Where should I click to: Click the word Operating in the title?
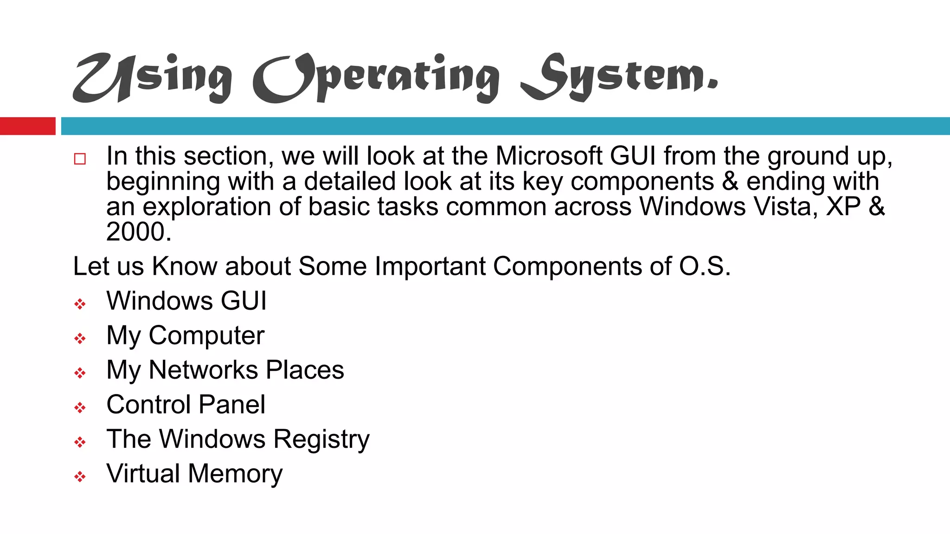coord(376,78)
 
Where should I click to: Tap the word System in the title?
coord(619,78)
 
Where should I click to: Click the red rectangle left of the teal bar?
coord(27,126)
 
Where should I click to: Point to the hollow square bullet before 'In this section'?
coord(80,159)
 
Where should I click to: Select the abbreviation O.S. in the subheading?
coord(705,267)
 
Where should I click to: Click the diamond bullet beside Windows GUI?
coord(80,305)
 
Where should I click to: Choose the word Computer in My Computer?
coord(206,336)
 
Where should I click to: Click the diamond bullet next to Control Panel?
coord(80,408)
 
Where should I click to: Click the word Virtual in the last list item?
coord(143,474)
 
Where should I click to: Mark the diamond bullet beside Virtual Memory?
coord(80,477)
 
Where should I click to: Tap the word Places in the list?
coord(305,370)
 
